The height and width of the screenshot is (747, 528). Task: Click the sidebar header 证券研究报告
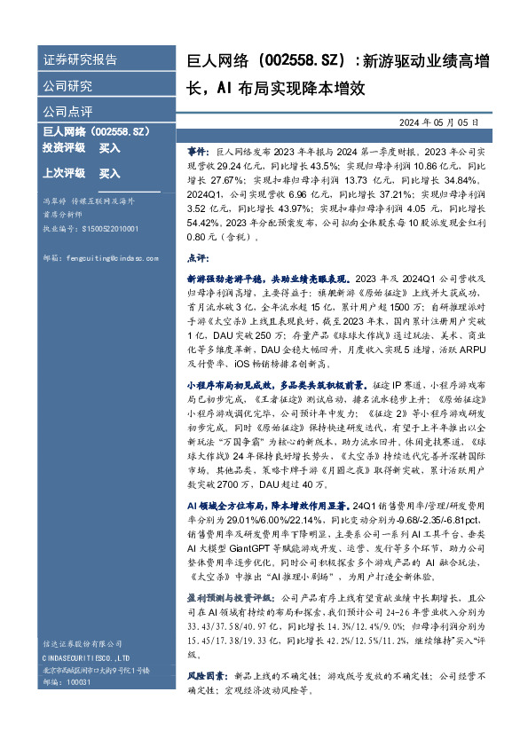click(80, 60)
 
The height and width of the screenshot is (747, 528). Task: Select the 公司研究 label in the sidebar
click(67, 87)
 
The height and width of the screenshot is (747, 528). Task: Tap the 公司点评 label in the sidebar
click(67, 113)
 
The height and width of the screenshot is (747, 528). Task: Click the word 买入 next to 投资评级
click(109, 147)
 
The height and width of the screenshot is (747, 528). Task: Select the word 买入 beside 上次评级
click(109, 173)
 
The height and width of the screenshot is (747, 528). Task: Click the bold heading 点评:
click(198, 256)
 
